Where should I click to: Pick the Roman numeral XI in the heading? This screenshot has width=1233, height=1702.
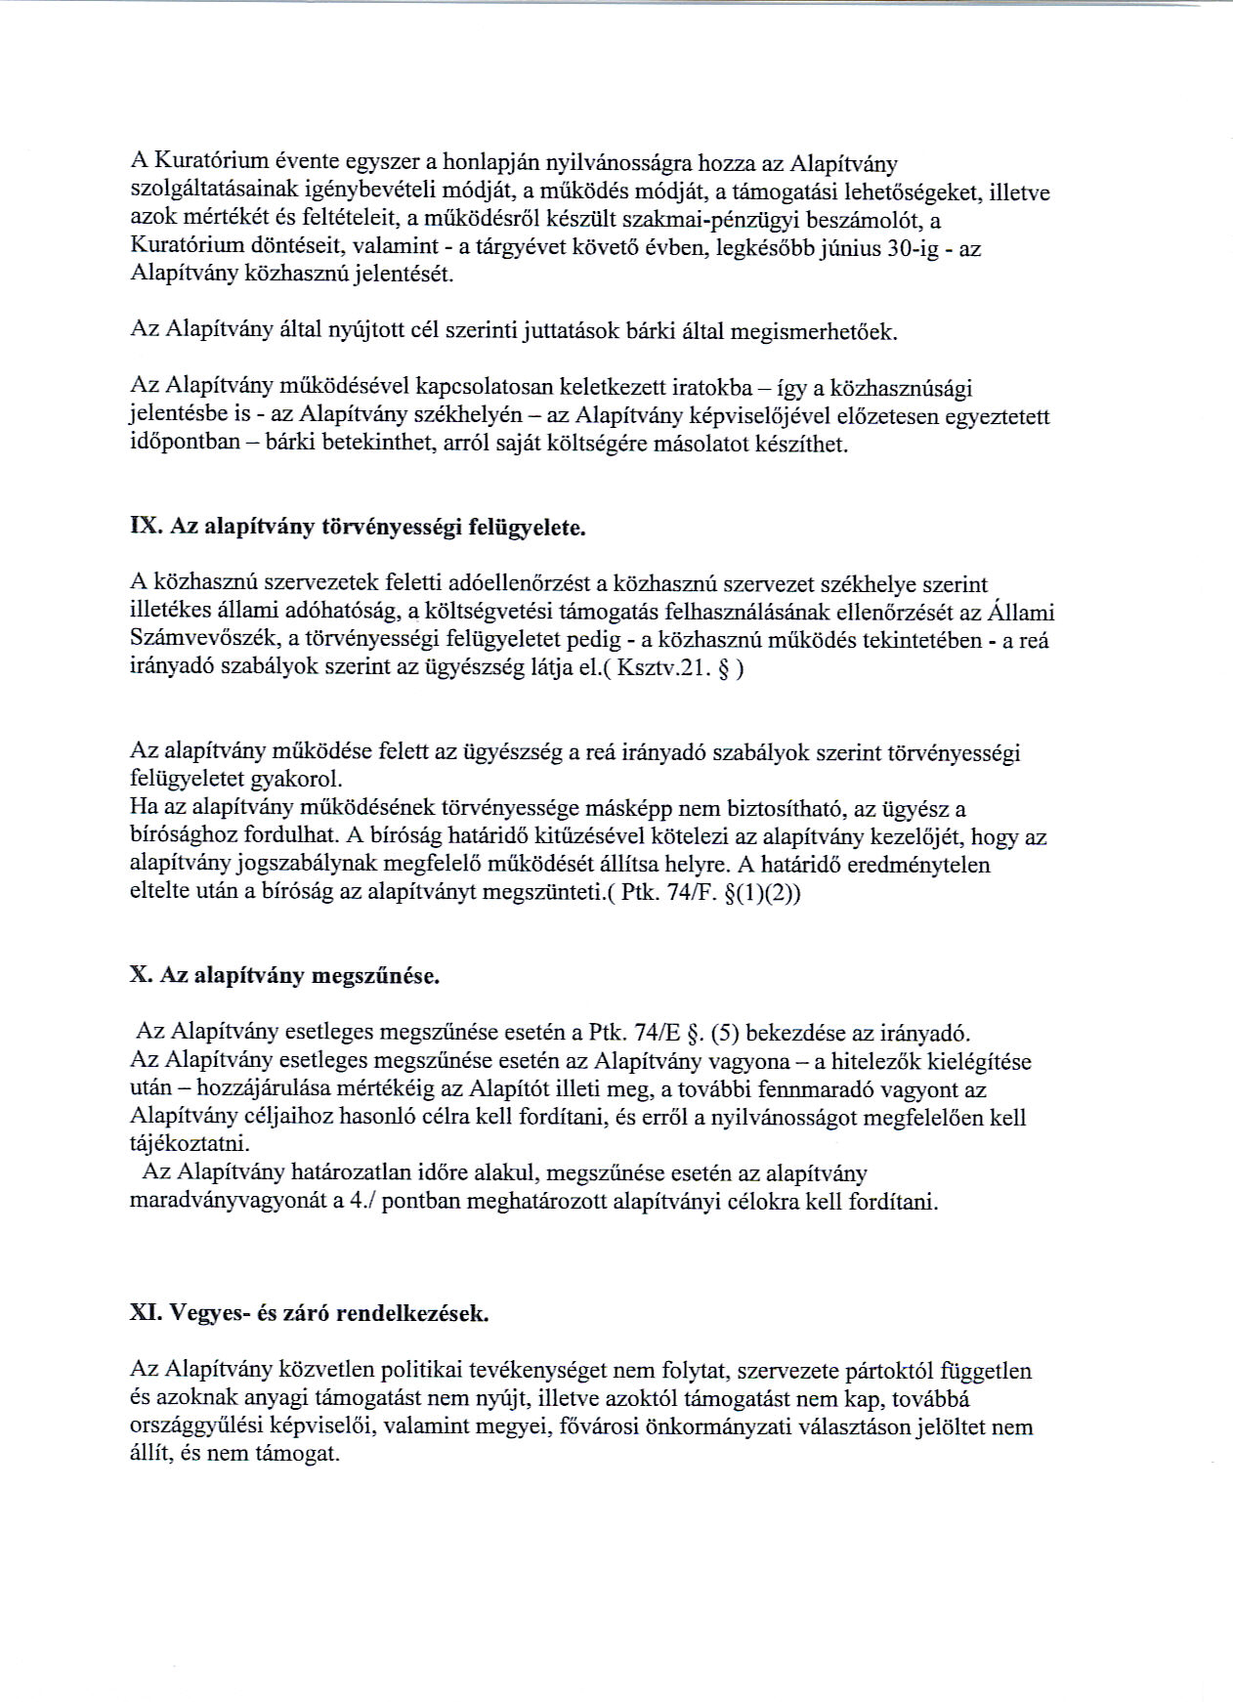tap(146, 1313)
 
